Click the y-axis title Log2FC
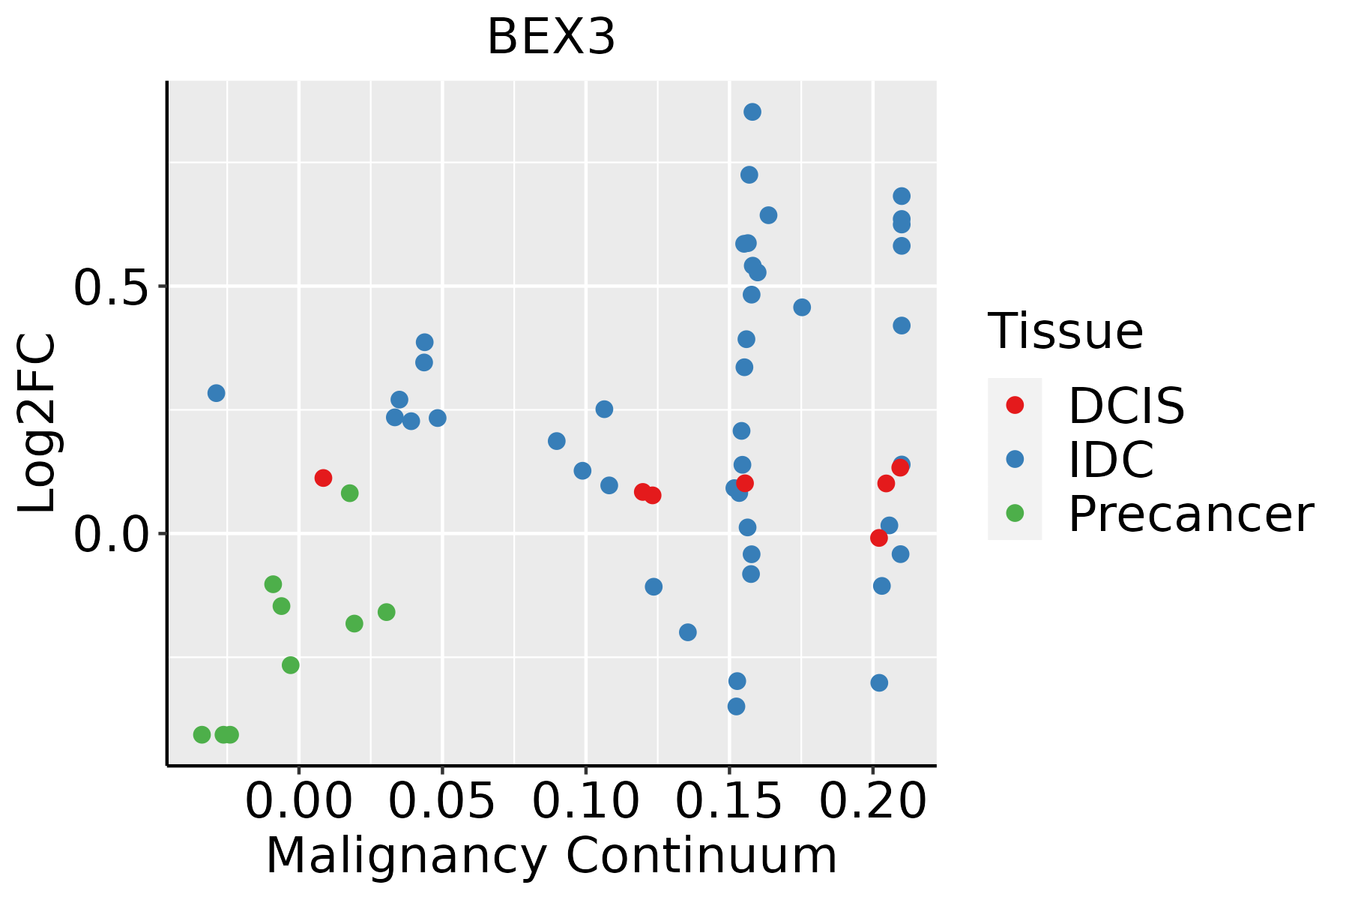(x=37, y=423)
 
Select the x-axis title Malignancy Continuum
(x=552, y=856)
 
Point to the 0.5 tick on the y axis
(x=109, y=286)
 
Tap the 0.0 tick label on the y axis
(x=109, y=534)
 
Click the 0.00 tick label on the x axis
(x=299, y=802)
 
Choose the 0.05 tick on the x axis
(x=442, y=802)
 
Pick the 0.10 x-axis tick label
(x=586, y=802)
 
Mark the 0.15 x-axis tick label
(x=729, y=802)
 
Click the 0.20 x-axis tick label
(x=873, y=802)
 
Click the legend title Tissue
(x=1066, y=331)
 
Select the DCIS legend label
(x=1126, y=406)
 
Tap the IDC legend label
(x=1111, y=460)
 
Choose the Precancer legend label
(x=1191, y=514)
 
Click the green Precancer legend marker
(x=1015, y=514)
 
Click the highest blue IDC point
(x=752, y=112)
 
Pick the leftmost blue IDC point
(x=217, y=393)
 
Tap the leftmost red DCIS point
(x=323, y=478)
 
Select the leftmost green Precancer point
(x=202, y=734)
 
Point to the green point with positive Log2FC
(x=349, y=493)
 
